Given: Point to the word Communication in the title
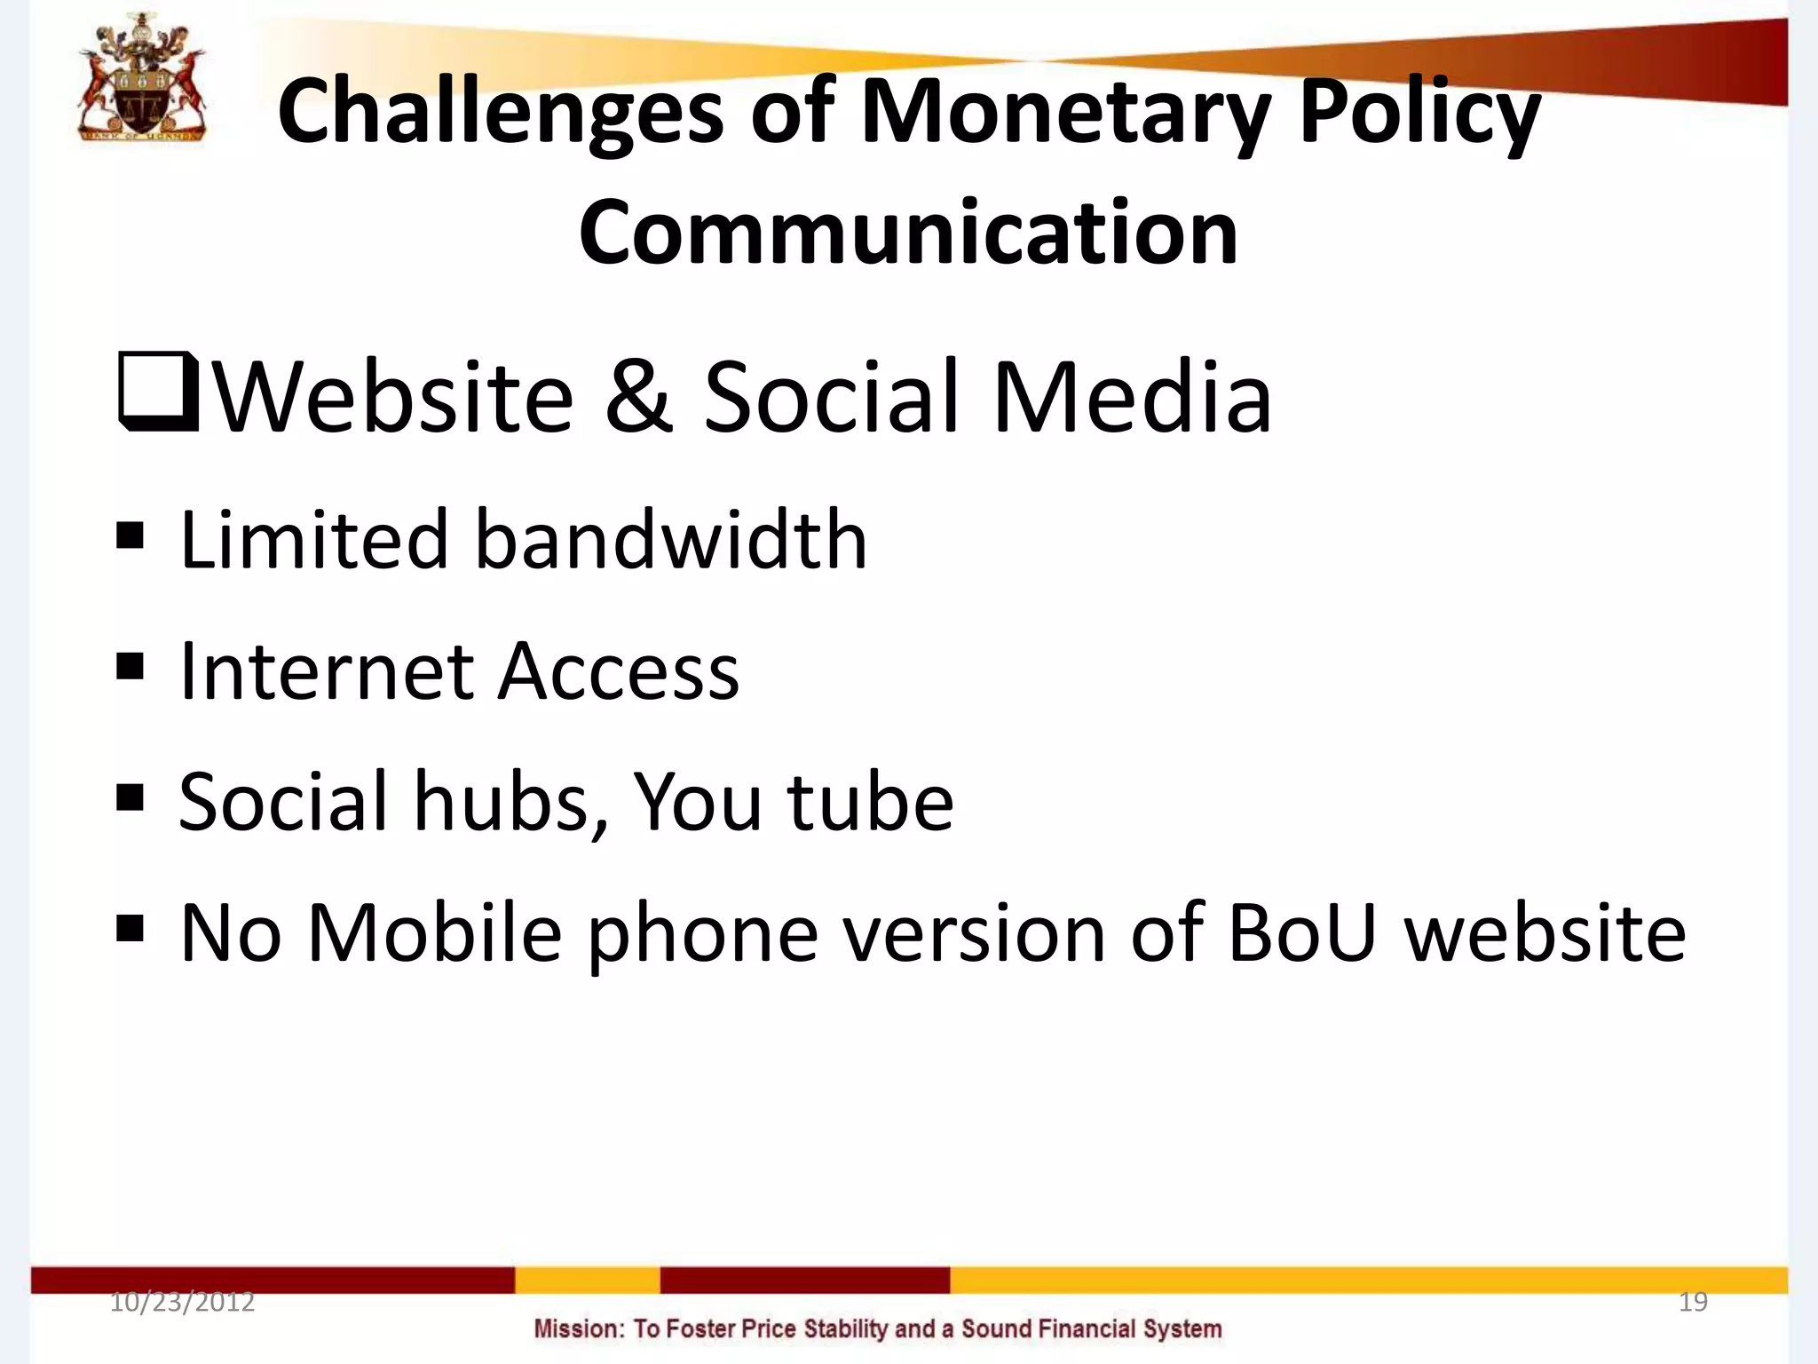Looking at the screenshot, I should tap(908, 233).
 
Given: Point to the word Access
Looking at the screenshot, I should tap(618, 671).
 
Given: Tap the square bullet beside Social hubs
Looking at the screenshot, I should tap(130, 797).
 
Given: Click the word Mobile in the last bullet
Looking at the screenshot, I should tap(434, 932).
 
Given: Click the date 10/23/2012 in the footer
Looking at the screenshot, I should tap(182, 1302).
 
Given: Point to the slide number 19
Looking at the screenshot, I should tap(1693, 1302).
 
